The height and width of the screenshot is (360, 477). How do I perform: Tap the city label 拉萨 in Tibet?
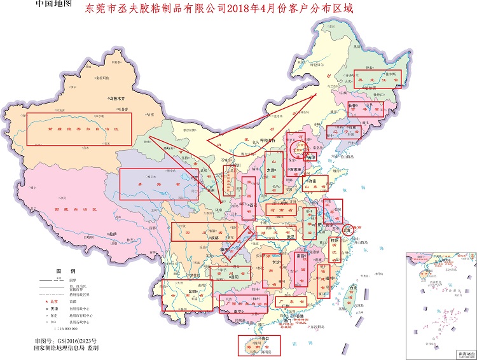tap(113, 234)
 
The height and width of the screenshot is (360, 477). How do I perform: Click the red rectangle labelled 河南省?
tap(280, 209)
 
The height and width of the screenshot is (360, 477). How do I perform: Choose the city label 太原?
tap(270, 170)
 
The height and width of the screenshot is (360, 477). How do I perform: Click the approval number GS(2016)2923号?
tap(83, 340)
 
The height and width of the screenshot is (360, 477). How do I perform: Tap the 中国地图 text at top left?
tap(55, 4)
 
